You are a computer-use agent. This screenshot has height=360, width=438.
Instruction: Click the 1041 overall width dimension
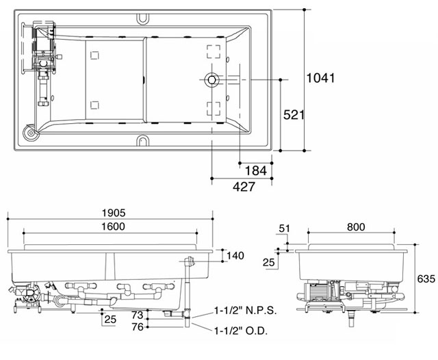click(320, 79)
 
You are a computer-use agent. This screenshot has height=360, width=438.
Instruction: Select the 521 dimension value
click(294, 115)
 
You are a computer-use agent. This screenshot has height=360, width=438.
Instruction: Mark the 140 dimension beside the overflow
click(235, 256)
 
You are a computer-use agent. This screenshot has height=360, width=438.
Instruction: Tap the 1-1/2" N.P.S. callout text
click(245, 310)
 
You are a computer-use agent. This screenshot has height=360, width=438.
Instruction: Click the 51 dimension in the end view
click(284, 228)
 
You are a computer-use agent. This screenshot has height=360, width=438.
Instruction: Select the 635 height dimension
click(426, 279)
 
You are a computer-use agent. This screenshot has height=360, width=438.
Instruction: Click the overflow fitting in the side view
click(190, 262)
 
